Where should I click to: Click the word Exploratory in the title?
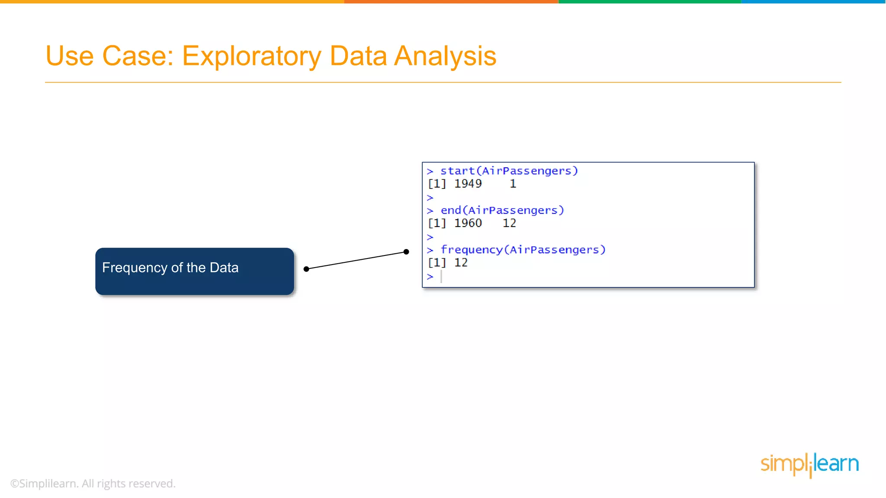pyautogui.click(x=251, y=56)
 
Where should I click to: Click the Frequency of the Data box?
pyautogui.click(x=195, y=271)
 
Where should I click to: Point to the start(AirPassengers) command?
pyautogui.click(x=509, y=171)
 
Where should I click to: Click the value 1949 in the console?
pyautogui.click(x=468, y=184)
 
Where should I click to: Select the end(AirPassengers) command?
pyautogui.click(x=502, y=211)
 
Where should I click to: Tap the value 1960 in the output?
pyautogui.click(x=468, y=223)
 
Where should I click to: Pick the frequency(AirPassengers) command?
pyautogui.click(x=523, y=250)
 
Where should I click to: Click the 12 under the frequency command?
pyautogui.click(x=461, y=263)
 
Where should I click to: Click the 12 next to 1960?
pyautogui.click(x=509, y=223)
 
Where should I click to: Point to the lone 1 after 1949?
pyautogui.click(x=513, y=184)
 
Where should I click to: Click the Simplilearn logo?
pyautogui.click(x=809, y=465)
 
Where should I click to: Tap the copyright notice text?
pyautogui.click(x=93, y=484)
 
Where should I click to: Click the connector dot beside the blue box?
pyautogui.click(x=306, y=269)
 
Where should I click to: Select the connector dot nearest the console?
pyautogui.click(x=406, y=252)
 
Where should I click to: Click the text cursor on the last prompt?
pyautogui.click(x=441, y=277)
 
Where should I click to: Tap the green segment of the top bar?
pyautogui.click(x=649, y=2)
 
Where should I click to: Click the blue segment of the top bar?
pyautogui.click(x=813, y=2)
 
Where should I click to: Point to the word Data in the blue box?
pyautogui.click(x=224, y=268)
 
